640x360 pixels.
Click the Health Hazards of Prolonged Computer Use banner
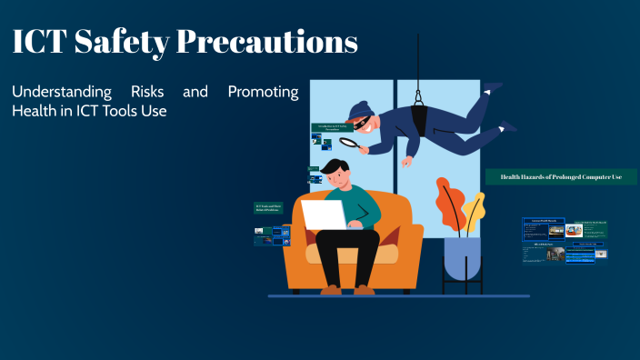[555, 177]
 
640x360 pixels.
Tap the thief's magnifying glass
[348, 141]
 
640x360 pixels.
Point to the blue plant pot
[463, 258]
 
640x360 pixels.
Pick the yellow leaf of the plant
[474, 211]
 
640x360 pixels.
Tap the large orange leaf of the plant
[450, 205]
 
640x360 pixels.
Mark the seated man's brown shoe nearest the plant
[365, 289]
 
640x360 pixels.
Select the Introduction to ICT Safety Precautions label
[333, 128]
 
